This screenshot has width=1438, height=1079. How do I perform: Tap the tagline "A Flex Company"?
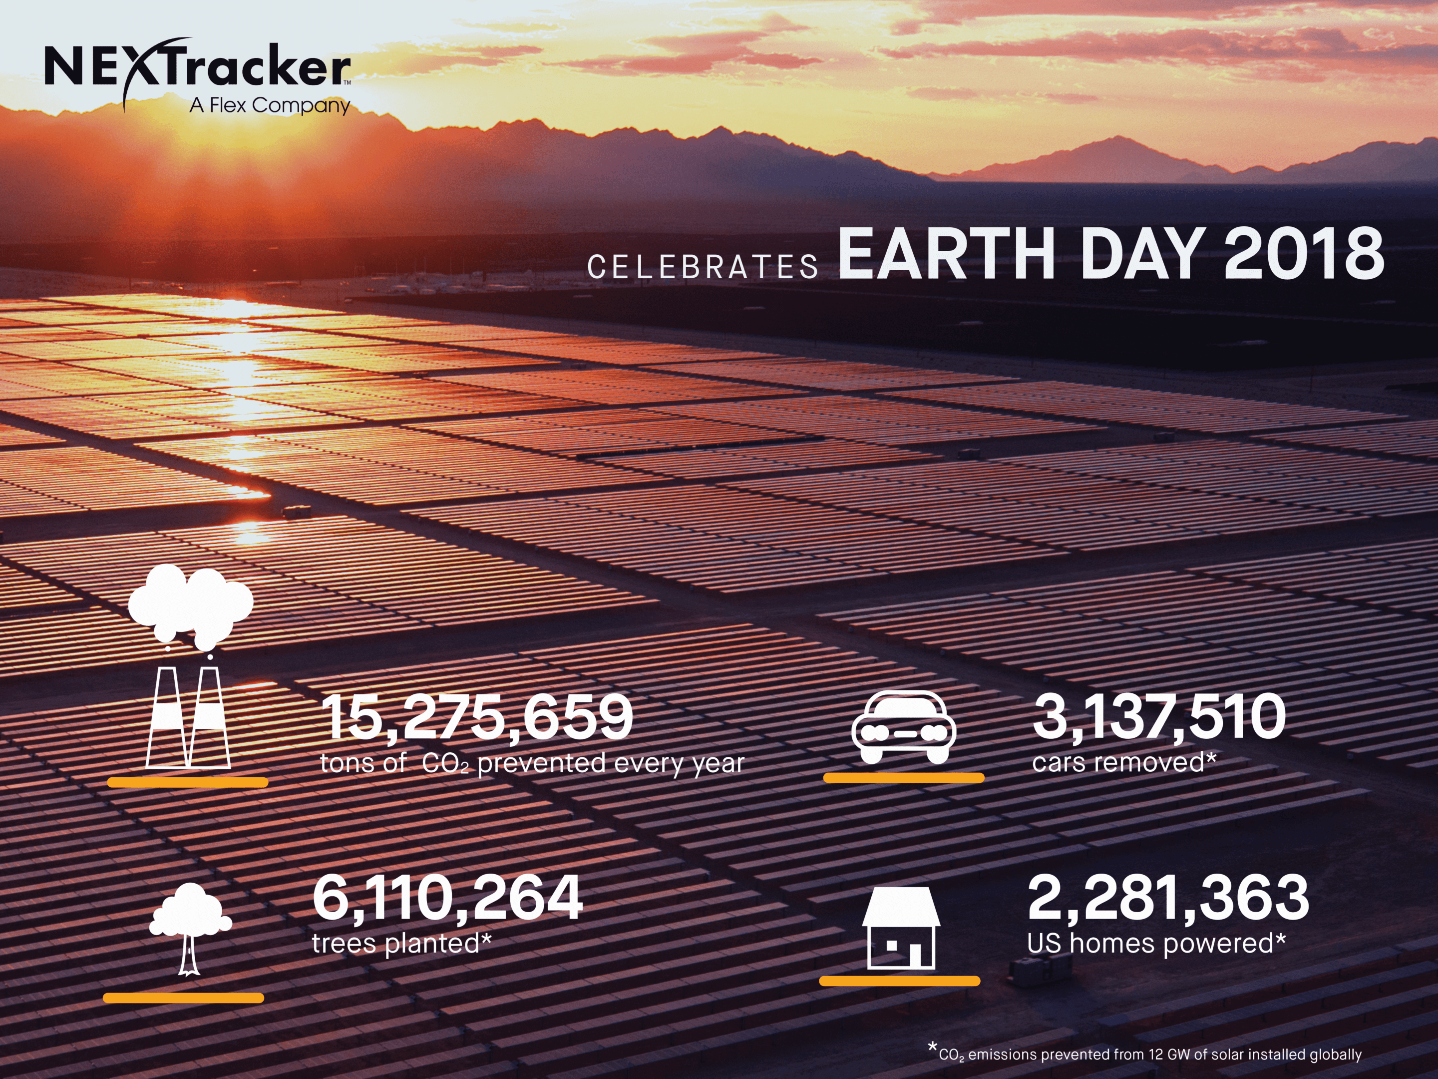[270, 105]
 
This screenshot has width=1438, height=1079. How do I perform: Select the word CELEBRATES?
[703, 267]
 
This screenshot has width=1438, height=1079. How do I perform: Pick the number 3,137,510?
[1159, 717]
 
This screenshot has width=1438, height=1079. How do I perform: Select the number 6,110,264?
[447, 898]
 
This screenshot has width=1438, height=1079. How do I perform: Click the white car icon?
[904, 727]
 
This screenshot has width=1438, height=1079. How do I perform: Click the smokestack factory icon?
[189, 667]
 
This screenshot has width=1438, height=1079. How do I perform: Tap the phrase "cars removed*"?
[1124, 762]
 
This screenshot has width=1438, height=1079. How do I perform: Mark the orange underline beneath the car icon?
[904, 777]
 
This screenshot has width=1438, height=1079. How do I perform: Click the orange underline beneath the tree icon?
[183, 998]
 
